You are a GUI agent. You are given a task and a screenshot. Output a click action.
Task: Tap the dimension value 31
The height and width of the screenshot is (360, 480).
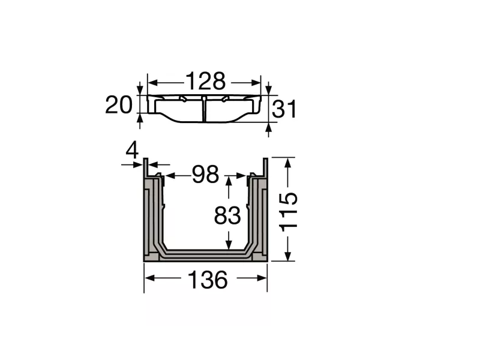coord(285,110)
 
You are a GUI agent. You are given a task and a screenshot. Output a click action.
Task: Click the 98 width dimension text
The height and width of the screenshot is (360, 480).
coord(205,175)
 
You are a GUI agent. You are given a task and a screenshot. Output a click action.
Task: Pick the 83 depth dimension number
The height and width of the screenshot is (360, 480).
coord(227,215)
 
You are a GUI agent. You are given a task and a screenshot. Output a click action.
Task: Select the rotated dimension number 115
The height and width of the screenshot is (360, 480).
coord(289,210)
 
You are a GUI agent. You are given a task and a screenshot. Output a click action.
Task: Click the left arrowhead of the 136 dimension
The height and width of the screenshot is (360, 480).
coord(149,278)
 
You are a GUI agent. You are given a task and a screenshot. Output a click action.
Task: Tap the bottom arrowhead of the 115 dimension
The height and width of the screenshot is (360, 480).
coord(289,256)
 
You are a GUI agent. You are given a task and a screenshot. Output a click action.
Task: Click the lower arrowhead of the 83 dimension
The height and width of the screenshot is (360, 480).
coord(228,245)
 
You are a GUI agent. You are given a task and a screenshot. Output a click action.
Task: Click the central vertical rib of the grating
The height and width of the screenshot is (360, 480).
coord(205,108)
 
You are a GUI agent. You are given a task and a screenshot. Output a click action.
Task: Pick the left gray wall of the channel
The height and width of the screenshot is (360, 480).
coord(151,216)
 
